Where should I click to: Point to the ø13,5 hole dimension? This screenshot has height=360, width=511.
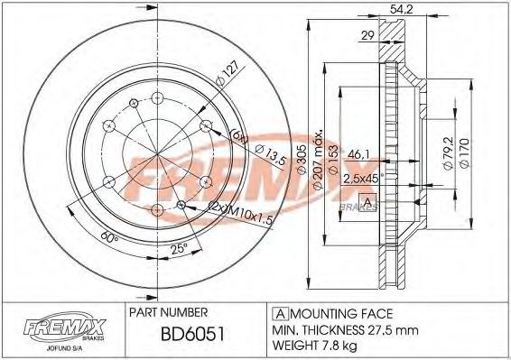258,155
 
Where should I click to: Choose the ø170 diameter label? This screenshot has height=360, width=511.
465,150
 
